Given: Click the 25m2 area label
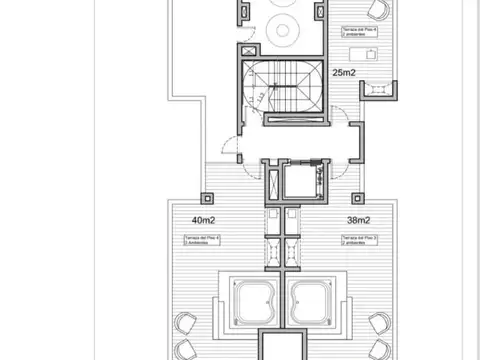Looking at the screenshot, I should coord(346,73).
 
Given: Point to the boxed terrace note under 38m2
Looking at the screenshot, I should coord(358,240).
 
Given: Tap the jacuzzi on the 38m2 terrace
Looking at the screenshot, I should coord(316,299).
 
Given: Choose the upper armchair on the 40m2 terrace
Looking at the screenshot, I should coord(186,324).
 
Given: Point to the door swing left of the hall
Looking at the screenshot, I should coord(232,151).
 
